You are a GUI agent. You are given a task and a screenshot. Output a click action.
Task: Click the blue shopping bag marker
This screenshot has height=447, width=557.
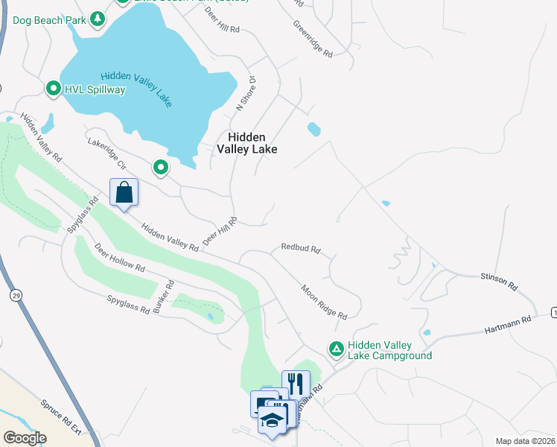[124, 192]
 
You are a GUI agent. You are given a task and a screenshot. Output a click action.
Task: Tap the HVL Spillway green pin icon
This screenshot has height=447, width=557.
[54, 89]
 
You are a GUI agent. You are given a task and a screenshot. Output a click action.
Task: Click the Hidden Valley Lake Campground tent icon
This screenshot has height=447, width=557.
[337, 348]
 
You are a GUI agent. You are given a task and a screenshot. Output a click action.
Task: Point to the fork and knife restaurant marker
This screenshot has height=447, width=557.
[296, 384]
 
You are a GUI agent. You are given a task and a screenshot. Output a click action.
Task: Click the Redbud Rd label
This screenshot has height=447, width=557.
[300, 248]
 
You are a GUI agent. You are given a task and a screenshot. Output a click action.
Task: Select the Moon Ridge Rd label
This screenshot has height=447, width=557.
[324, 302]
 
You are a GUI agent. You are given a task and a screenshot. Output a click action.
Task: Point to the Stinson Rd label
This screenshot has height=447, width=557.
[499, 281]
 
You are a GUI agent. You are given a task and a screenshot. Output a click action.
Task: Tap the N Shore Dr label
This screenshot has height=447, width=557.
[246, 93]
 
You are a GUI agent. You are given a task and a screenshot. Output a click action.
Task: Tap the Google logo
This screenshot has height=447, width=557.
[25, 438]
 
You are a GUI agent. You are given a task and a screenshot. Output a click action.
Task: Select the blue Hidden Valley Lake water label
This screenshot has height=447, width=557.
[136, 89]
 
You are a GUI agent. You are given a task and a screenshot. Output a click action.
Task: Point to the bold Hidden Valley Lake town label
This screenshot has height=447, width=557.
[246, 143]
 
